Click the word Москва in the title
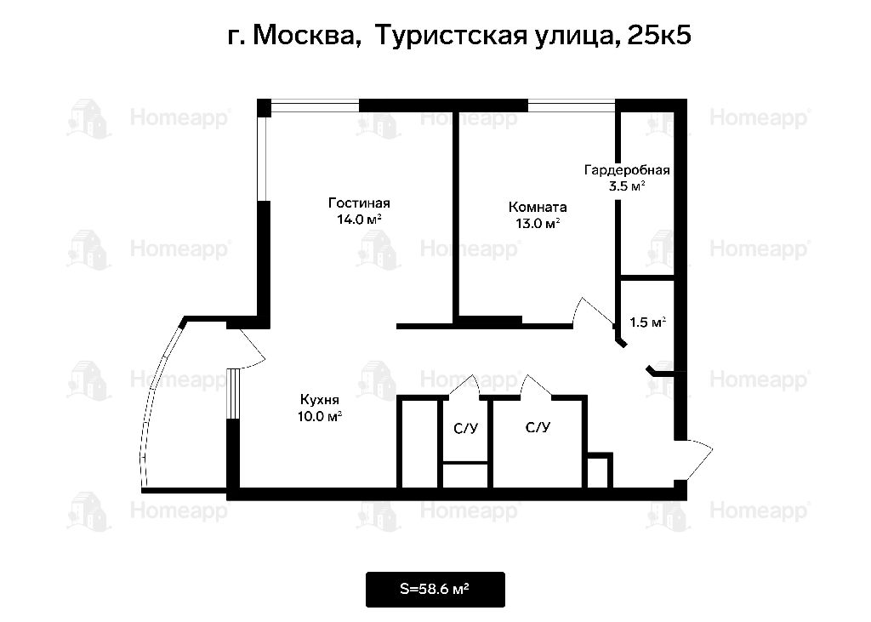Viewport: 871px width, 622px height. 306,35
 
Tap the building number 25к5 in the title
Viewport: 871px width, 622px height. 659,35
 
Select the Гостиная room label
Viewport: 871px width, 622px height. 360,203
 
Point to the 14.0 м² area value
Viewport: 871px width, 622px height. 360,219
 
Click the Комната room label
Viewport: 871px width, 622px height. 538,208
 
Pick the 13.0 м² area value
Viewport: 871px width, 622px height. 538,224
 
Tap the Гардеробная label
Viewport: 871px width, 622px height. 627,170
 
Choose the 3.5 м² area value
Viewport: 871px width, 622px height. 627,185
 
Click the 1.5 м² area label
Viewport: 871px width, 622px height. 647,322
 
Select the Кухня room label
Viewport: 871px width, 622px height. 320,400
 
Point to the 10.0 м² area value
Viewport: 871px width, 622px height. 320,416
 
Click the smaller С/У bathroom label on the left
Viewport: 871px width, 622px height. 465,429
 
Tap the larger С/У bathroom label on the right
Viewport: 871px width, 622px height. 538,427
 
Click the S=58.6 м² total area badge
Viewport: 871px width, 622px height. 435,589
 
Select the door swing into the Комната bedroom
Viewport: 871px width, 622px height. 593,311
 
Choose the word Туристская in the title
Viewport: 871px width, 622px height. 451,36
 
